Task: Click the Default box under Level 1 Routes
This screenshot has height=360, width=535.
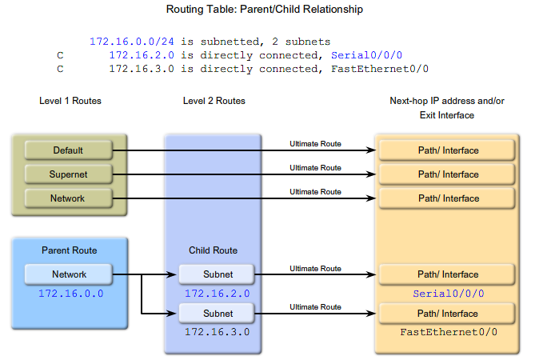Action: coord(68,150)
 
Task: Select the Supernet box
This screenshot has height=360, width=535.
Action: coord(68,174)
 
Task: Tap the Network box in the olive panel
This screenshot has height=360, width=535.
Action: coord(68,198)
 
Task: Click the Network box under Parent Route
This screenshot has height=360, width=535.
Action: coord(69,274)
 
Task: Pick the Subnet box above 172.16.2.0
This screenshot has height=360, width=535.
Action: coord(218,274)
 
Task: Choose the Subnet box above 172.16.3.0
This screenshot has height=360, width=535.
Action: coord(218,314)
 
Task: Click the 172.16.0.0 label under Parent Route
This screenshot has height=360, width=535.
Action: coord(70,294)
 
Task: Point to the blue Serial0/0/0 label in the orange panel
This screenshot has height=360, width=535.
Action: coord(448,294)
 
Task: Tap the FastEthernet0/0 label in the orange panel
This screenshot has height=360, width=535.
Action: coord(448,332)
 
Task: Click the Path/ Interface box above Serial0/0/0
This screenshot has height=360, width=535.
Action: coord(448,274)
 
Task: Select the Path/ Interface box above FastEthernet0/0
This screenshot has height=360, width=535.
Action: coord(448,314)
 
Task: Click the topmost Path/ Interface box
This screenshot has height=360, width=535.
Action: coord(448,150)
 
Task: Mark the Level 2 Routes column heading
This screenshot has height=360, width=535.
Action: coord(214,101)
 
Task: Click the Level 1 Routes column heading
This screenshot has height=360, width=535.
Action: coord(70,101)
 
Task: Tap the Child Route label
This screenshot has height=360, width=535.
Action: coord(213,250)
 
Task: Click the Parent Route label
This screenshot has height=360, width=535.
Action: coord(70,250)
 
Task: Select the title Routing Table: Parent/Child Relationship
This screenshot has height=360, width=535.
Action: coord(264,10)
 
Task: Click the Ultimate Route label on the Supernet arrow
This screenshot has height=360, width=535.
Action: coord(315,168)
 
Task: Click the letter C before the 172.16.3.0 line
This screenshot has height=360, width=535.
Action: coord(60,69)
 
